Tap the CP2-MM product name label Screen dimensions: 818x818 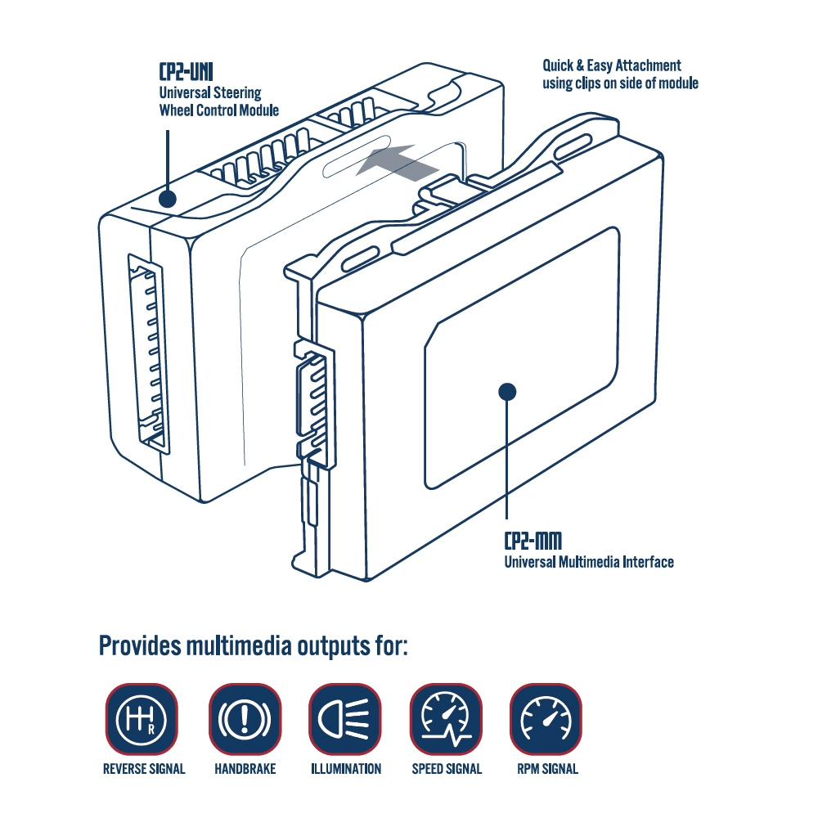(533, 541)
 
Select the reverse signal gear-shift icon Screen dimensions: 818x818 (142, 719)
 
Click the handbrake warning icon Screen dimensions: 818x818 (245, 719)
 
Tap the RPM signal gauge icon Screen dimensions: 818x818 (546, 719)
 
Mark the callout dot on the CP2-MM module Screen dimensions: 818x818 (507, 392)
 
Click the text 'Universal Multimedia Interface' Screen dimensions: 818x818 (588, 562)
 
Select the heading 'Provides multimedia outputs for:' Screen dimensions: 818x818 (253, 645)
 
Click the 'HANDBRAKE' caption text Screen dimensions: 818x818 (245, 769)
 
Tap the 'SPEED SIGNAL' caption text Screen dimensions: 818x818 (447, 769)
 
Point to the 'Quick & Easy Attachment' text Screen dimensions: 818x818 (612, 65)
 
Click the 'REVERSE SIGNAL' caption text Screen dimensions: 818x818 (144, 769)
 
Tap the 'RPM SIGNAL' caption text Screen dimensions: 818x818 (547, 769)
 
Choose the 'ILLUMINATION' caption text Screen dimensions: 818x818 (346, 769)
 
